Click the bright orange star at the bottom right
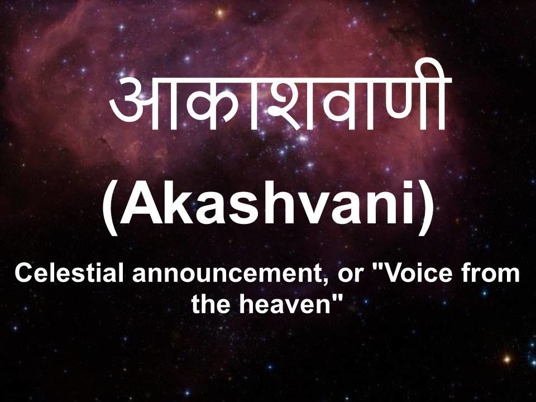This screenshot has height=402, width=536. pyautogui.click(x=507, y=359)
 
